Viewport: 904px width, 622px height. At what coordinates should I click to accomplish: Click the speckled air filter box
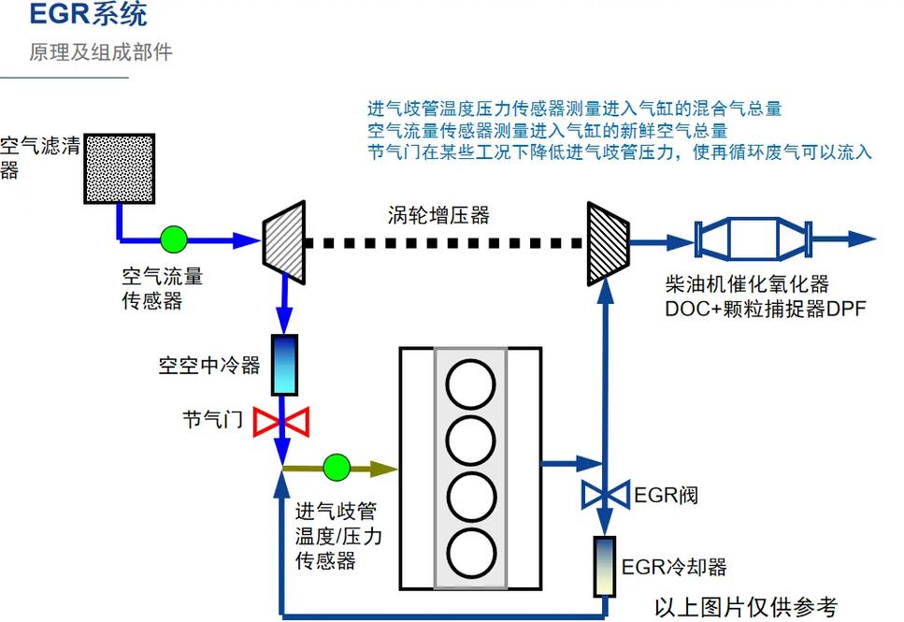coord(120,169)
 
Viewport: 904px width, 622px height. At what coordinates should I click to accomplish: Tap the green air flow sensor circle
coord(173,239)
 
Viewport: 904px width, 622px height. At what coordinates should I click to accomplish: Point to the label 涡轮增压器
coord(438,215)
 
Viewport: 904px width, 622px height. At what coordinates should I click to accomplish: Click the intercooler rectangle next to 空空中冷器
coord(282,365)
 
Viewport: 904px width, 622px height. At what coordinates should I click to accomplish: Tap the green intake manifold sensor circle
coord(336,466)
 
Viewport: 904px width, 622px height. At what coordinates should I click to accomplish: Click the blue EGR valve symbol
coord(606,494)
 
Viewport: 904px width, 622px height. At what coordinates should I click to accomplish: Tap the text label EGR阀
coord(666,495)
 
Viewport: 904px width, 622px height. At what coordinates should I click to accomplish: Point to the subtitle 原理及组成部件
coord(100,51)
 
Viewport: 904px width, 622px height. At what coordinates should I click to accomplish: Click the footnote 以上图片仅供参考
coord(745,606)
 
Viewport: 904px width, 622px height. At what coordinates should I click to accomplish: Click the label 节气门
coord(212,420)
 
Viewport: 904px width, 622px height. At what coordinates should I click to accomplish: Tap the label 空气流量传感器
coord(162,289)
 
